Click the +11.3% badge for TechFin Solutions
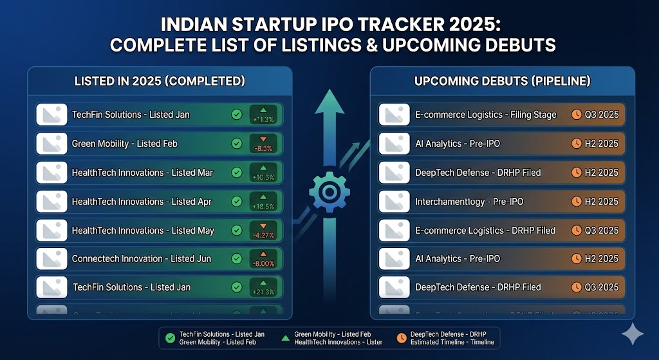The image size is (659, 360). point(263,115)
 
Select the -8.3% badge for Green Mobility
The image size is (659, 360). point(263,144)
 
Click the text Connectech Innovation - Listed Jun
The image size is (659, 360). point(140,259)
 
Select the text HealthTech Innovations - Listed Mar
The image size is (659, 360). point(142,173)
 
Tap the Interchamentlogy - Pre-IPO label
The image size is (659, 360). point(469,202)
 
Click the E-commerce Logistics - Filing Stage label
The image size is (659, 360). point(486,115)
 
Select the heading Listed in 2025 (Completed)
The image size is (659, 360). point(160,81)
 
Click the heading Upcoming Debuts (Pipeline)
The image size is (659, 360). point(503,81)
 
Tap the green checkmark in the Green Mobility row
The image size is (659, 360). point(236,144)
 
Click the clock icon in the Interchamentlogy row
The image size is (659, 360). point(577,202)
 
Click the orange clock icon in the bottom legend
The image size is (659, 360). point(401,337)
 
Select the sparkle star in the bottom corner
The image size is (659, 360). point(633,334)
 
